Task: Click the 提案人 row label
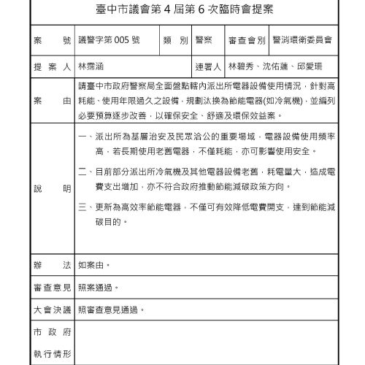51,66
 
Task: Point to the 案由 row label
51,100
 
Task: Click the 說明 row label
51,188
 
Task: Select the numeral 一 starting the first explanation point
82,137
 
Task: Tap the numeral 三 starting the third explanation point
82,207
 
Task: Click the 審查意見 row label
51,288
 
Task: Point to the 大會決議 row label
51,310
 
